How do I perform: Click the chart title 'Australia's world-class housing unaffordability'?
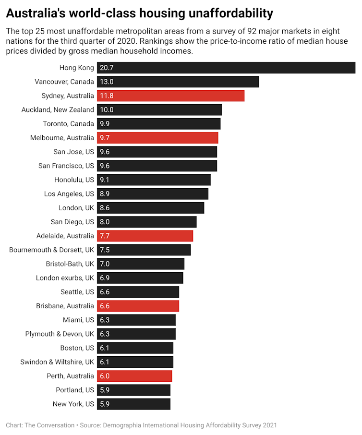tap(139, 13)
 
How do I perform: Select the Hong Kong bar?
tap(226, 68)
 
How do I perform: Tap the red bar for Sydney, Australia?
tap(170, 96)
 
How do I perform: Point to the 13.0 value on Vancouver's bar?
tap(107, 82)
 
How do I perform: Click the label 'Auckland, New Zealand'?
tap(58, 109)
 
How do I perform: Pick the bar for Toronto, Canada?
tap(158, 124)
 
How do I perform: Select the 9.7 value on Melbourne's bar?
tap(105, 138)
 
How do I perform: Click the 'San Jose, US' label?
tap(74, 152)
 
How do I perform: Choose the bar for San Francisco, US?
tap(157, 166)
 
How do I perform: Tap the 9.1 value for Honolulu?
tap(105, 180)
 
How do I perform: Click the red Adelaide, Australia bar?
tap(145, 236)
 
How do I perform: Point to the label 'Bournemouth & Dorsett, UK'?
tap(52, 250)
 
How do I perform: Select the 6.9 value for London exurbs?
tap(105, 278)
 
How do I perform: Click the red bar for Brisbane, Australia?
tap(138, 306)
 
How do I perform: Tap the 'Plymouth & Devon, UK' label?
tap(60, 334)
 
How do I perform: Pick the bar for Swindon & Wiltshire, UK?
tap(135, 362)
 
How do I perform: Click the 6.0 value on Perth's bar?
tap(105, 376)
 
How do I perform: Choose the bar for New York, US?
tap(133, 404)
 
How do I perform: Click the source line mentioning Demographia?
tap(141, 425)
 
